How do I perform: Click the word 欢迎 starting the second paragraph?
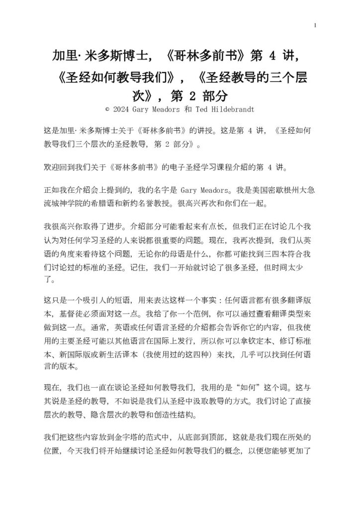coord(51,165)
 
